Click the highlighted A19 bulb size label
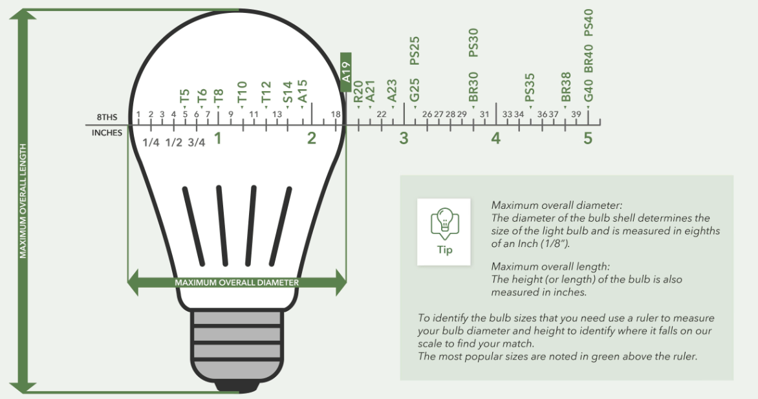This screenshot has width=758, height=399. (345, 72)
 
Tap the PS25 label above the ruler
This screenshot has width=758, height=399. (415, 51)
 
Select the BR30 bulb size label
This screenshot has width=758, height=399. (473, 87)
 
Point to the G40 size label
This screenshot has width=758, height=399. (589, 91)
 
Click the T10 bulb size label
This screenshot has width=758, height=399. (242, 92)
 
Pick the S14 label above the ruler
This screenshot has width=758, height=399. (288, 92)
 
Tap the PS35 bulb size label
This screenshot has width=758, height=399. (530, 87)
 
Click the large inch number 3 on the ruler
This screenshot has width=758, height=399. (404, 138)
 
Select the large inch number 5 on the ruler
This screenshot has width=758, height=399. (588, 138)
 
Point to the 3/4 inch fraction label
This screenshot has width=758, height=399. (196, 143)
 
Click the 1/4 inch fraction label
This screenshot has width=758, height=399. (151, 143)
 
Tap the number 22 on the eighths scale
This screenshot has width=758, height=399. (382, 114)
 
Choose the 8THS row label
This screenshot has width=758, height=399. (107, 117)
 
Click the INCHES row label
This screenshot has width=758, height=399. (107, 133)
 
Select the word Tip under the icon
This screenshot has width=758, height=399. (444, 250)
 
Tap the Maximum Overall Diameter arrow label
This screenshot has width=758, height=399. (237, 283)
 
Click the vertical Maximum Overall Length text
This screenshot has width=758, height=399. (23, 201)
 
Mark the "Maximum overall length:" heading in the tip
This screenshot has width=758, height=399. (550, 266)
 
